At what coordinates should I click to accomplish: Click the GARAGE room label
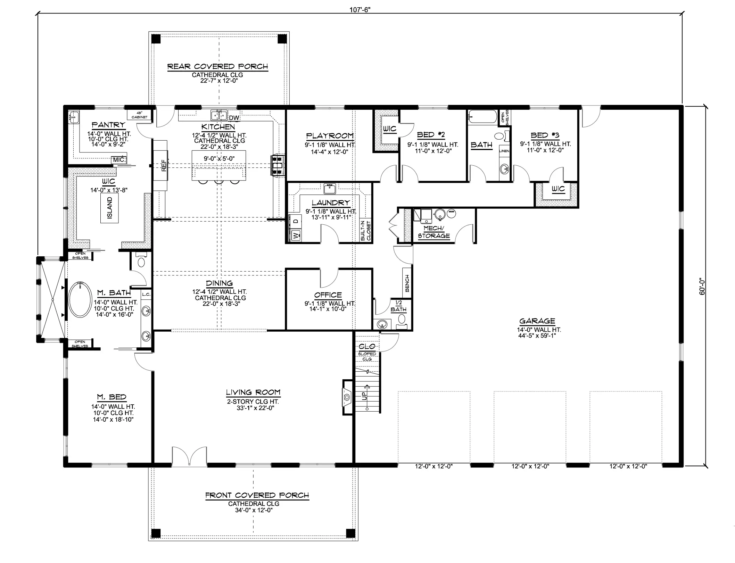537,321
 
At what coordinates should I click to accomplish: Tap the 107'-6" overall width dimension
360,10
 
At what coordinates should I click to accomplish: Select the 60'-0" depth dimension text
702,286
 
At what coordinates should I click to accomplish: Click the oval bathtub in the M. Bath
80,299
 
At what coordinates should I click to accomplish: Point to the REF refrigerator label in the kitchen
164,165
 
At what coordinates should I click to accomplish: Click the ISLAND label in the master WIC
109,208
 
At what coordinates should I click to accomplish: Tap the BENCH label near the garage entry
407,283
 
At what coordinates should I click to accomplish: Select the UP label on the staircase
364,396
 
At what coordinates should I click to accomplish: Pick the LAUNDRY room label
330,203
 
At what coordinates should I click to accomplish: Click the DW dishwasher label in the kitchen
234,118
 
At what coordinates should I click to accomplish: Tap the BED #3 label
545,135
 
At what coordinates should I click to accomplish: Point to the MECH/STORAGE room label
434,232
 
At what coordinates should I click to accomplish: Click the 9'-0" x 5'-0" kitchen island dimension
219,159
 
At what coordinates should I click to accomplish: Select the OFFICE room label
328,295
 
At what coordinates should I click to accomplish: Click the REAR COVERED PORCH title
218,66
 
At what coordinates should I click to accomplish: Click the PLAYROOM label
330,136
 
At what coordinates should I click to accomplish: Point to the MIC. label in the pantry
118,160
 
